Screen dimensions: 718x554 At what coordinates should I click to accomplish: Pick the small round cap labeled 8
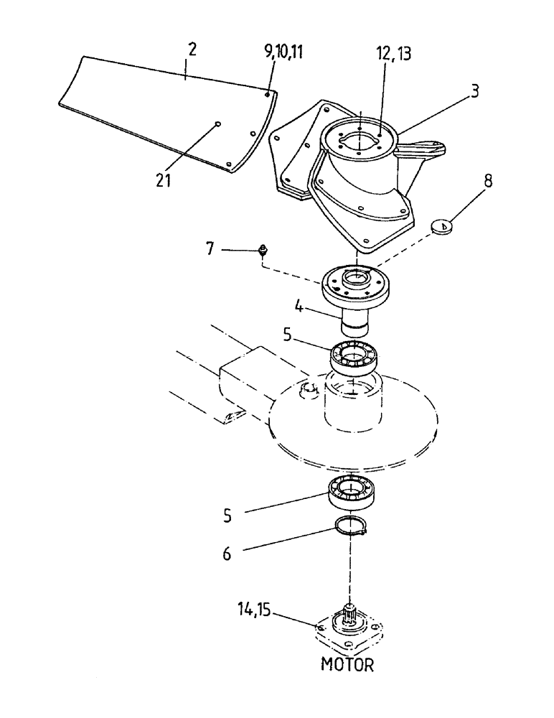tap(443, 227)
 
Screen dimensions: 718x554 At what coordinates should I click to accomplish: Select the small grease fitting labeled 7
tap(264, 251)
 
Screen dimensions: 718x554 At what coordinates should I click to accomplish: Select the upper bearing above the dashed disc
tap(355, 356)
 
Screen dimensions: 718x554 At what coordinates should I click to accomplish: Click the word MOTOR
tap(347, 664)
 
